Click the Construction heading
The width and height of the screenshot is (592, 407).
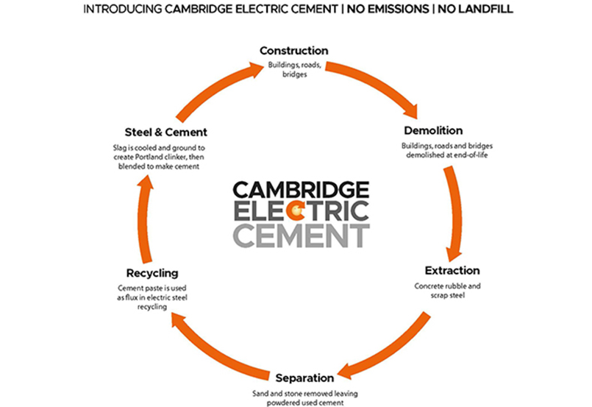coord(293,52)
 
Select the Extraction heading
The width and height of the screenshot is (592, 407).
coord(452,270)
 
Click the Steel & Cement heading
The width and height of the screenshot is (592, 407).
coord(155,132)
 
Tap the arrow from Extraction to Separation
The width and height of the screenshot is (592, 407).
coord(390,346)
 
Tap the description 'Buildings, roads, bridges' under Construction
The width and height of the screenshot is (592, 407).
coord(293,69)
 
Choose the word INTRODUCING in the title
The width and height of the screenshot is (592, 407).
coord(121,10)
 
